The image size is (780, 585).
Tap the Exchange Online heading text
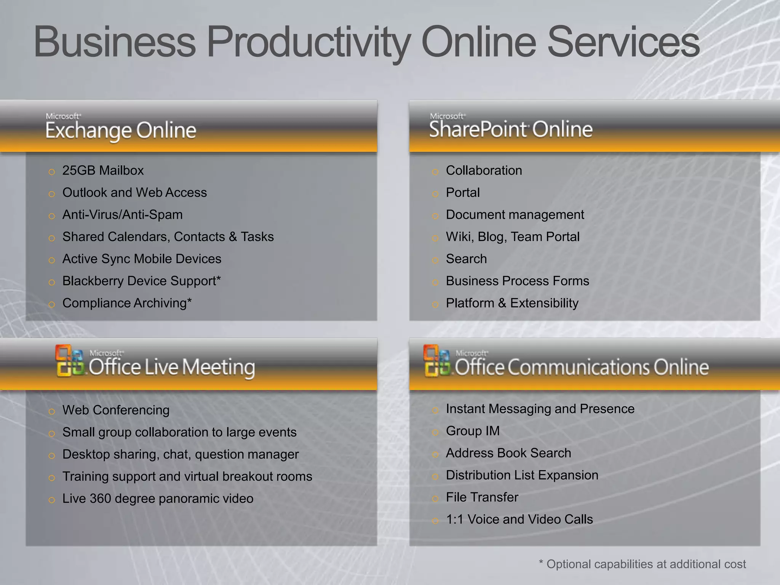[121, 131]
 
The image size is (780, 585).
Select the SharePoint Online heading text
[511, 129]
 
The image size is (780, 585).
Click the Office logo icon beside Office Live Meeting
[70, 361]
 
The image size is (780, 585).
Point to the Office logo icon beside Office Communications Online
[437, 361]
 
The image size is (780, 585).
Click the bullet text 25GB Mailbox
[103, 171]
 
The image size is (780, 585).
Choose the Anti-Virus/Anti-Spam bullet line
[122, 215]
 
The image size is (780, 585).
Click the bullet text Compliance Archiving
[125, 303]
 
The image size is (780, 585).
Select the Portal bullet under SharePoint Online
[462, 193]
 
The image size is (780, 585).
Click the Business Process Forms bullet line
[517, 281]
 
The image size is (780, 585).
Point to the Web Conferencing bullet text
[116, 410]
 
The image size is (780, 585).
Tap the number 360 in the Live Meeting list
[100, 499]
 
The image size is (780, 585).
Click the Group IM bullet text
[473, 431]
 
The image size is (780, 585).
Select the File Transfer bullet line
[482, 497]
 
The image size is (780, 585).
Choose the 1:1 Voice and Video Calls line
[519, 519]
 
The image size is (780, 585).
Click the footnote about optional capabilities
[642, 564]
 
